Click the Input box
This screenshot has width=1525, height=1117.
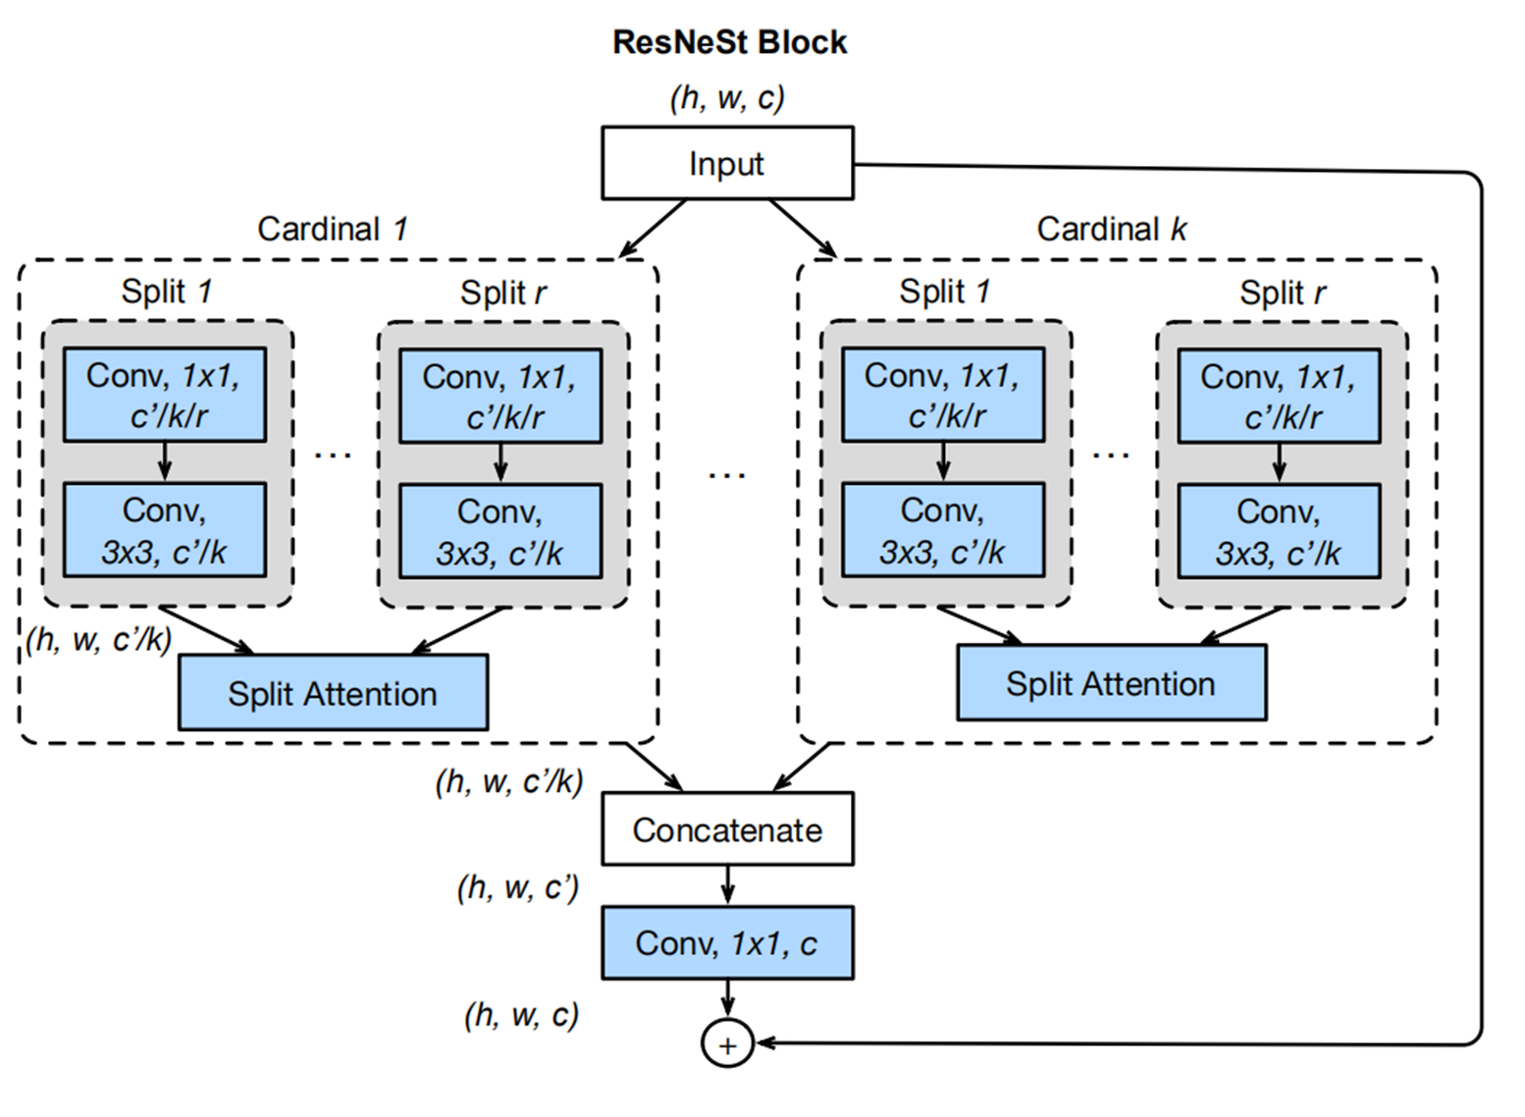coord(727,163)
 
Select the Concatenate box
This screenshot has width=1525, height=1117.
coord(727,829)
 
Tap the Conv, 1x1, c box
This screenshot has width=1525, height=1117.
coord(727,943)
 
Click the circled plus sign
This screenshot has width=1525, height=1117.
coord(727,1044)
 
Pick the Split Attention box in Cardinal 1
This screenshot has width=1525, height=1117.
coord(333,693)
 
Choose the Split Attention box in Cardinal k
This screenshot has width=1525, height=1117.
coord(1111,683)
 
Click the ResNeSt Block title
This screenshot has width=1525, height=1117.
coord(729,42)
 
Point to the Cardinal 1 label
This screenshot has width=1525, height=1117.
coord(332,229)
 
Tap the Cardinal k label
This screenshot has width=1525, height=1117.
coord(1112,229)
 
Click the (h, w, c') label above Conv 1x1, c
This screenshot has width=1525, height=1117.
coord(518,887)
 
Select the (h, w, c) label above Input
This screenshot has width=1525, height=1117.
coord(727,98)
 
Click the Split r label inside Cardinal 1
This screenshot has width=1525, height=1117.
coord(503,293)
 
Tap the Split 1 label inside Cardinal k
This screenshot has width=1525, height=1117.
coord(944,292)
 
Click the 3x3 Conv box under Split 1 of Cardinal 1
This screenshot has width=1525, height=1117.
coord(165,530)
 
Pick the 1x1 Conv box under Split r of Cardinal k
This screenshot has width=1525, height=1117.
coord(1279,396)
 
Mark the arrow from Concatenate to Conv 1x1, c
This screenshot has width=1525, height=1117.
coord(727,884)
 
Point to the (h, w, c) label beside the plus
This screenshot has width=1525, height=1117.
coord(521,1014)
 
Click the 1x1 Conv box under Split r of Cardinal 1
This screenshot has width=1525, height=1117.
coord(500,396)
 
